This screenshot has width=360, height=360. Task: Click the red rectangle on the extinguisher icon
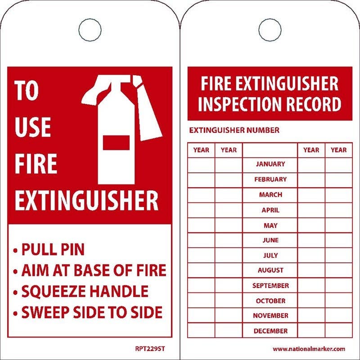(116, 143)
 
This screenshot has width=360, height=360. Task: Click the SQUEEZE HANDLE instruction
(85, 291)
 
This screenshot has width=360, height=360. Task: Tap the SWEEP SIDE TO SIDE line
(92, 312)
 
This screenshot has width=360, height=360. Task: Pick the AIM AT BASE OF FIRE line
(94, 270)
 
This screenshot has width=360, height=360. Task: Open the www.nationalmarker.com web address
(309, 349)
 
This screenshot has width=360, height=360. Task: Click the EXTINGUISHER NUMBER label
(234, 130)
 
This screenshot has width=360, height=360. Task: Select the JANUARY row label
(270, 164)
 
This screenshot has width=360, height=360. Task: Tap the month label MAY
(270, 225)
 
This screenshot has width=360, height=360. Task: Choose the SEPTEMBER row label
(270, 286)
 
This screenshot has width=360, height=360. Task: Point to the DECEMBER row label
(270, 331)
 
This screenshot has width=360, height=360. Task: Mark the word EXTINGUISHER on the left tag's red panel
(86, 201)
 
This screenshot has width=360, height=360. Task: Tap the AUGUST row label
(270, 270)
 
